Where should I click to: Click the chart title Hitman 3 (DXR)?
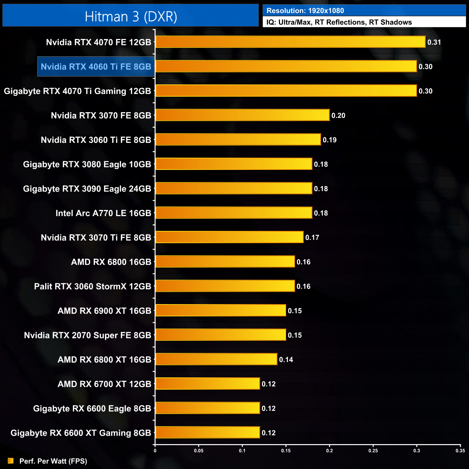click(x=131, y=17)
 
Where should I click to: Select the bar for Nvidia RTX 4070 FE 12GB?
click(x=290, y=42)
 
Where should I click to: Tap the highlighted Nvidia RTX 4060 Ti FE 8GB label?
click(x=96, y=67)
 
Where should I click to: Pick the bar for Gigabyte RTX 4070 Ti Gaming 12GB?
click(x=286, y=91)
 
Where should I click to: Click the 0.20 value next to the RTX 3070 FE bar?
click(x=338, y=115)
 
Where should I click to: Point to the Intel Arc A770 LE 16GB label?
click(x=103, y=213)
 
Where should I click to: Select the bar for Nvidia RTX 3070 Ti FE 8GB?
click(x=229, y=237)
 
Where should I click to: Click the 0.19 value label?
click(x=330, y=140)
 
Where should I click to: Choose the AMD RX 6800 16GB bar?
click(x=225, y=262)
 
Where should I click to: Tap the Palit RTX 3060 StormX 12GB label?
click(x=92, y=286)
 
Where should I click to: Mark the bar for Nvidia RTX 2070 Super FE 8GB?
click(x=221, y=335)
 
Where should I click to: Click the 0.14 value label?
click(x=286, y=360)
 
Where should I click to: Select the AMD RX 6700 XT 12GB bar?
click(x=207, y=384)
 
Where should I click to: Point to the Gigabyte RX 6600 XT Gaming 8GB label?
click(x=81, y=433)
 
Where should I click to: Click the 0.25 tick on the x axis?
click(x=373, y=451)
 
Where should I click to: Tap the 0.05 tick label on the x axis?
click(x=199, y=451)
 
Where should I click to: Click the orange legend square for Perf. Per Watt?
click(x=11, y=461)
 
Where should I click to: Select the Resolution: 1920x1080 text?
click(x=305, y=11)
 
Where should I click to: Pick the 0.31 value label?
click(x=434, y=42)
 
